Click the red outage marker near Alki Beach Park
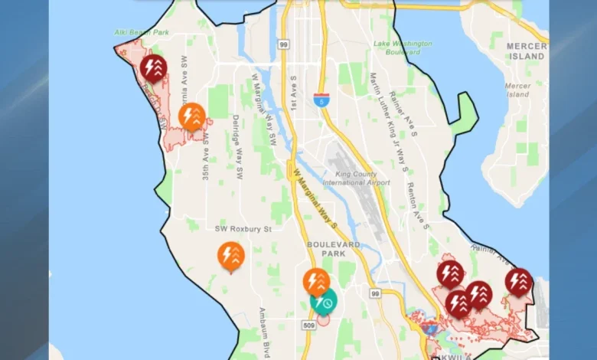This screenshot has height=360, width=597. [x=154, y=67]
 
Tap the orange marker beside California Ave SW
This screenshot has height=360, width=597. [x=192, y=116]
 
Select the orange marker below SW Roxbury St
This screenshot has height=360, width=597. [x=230, y=255]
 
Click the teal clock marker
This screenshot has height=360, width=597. [x=325, y=302]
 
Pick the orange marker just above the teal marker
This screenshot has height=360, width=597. [x=315, y=282]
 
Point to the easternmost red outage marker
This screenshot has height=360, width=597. [x=518, y=281]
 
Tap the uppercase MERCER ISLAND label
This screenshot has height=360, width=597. [x=527, y=51]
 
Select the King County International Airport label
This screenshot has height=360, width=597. [x=356, y=178]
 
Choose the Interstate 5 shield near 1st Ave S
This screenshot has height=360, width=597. [x=321, y=99]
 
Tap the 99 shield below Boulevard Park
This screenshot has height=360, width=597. [x=375, y=293]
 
